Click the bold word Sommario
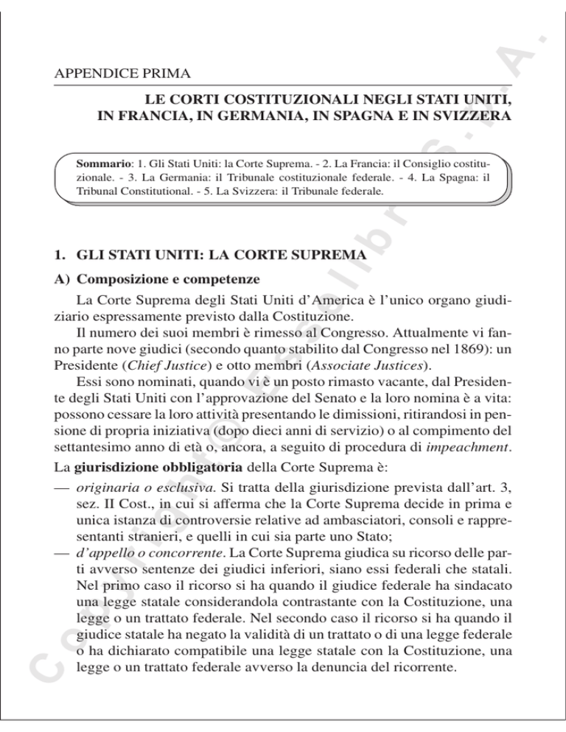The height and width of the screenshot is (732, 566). pos(99,159)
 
